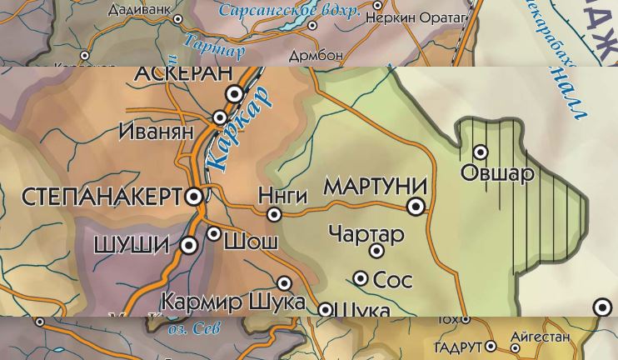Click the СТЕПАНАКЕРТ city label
[x=100, y=197]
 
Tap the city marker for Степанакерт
[x=193, y=197]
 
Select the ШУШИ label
[x=132, y=245]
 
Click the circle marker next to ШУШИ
[x=189, y=245]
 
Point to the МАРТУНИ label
[x=375, y=187]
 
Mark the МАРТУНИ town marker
[x=416, y=206]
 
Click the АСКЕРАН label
[x=183, y=73]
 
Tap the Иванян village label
[x=156, y=131]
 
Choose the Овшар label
[x=497, y=173]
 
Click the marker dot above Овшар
[x=481, y=152]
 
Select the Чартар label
[x=366, y=234]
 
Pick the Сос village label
[x=392, y=280]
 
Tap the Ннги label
[x=282, y=195]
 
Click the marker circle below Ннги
[x=274, y=214]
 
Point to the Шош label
[x=251, y=241]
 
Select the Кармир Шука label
[x=232, y=301]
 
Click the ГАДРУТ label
[x=458, y=347]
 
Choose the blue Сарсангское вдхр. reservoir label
[x=289, y=11]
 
